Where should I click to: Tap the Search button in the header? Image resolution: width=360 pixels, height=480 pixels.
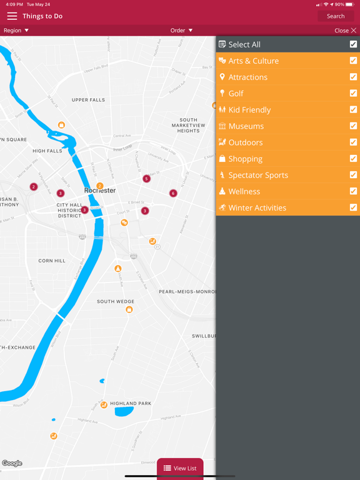[336, 16]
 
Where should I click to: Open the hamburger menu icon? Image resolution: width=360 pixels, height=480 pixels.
[12, 16]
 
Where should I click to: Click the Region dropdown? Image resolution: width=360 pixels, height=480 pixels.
[16, 30]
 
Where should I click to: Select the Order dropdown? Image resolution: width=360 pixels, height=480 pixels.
[181, 30]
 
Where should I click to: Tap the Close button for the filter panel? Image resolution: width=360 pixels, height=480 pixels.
[345, 30]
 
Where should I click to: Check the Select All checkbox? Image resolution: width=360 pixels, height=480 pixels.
[353, 44]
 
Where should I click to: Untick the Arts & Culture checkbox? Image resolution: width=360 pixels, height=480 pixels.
[353, 61]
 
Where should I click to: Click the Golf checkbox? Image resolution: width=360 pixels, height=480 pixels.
[353, 93]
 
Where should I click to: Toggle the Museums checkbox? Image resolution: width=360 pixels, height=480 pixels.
[353, 126]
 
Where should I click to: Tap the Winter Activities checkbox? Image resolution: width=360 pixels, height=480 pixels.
[353, 207]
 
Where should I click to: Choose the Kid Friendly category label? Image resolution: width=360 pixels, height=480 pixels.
[249, 110]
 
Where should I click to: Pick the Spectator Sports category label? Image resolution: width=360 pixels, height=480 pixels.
[258, 175]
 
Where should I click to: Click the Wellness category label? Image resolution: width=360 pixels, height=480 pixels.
[244, 191]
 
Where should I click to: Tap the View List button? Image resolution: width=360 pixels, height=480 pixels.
[180, 468]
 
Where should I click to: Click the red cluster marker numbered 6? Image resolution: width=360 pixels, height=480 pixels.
[173, 193]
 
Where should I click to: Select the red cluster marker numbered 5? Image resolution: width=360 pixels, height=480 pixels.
[146, 179]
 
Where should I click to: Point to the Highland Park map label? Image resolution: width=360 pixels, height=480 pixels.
[131, 404]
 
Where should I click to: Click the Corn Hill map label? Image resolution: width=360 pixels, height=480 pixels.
[51, 261]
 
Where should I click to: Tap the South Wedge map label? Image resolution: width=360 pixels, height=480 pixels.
[116, 301]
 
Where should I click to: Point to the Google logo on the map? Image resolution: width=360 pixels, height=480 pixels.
[12, 463]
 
